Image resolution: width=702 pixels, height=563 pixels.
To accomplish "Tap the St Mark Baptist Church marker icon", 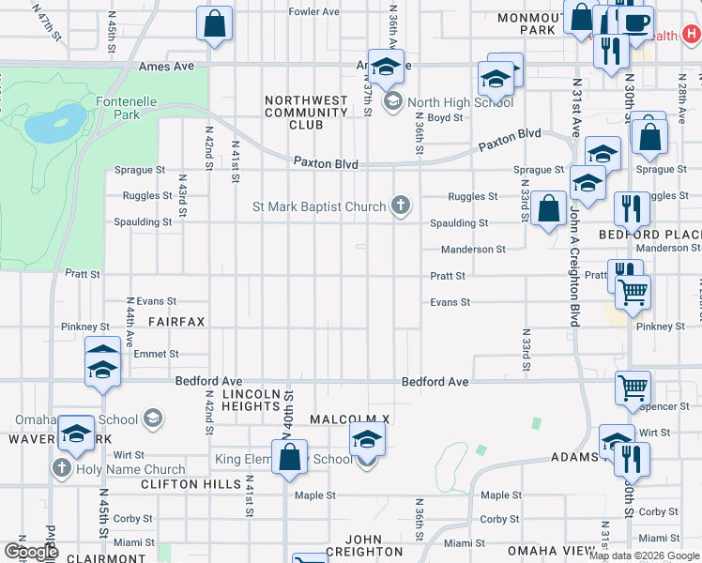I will click(x=401, y=206).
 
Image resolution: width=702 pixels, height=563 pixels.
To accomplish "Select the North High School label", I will click(x=461, y=103).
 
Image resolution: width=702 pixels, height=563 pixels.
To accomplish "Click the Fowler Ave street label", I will click(x=313, y=12).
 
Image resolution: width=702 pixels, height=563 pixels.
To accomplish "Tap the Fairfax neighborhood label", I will click(x=175, y=321).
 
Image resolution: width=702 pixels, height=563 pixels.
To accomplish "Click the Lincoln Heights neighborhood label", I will click(x=252, y=400).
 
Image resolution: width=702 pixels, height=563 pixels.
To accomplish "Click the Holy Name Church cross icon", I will click(x=63, y=468).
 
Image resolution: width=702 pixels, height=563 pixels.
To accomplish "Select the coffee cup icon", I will click(x=636, y=22).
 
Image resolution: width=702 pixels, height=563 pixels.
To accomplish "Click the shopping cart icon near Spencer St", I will click(x=633, y=387).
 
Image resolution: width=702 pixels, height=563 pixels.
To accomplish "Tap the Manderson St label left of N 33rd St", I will click(x=474, y=250).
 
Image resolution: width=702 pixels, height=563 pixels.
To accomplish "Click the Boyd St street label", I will click(x=445, y=118).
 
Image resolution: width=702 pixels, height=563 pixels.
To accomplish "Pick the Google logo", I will click(x=32, y=551).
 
